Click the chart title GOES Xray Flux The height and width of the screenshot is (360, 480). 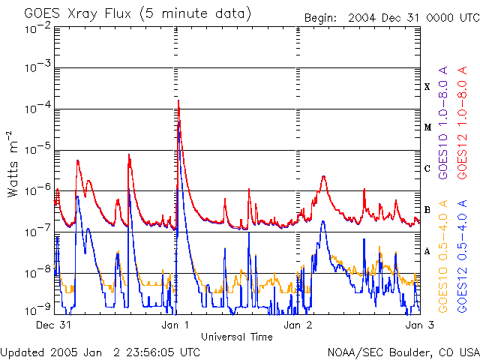pyautogui.click(x=138, y=13)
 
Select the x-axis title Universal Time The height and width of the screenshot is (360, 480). pyautogui.click(x=237, y=337)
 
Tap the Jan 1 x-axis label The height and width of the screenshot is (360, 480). pyautogui.click(x=175, y=325)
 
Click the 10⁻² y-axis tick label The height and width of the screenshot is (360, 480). pyautogui.click(x=37, y=28)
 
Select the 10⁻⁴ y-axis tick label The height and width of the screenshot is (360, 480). pyautogui.click(x=37, y=110)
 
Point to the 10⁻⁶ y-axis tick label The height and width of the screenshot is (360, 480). pyautogui.click(x=37, y=192)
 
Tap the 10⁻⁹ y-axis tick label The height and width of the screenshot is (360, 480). pyautogui.click(x=37, y=310)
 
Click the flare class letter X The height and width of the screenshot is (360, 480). pyautogui.click(x=427, y=87)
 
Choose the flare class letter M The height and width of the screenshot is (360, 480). pyautogui.click(x=427, y=127)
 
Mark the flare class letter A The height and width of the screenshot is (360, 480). pyautogui.click(x=427, y=251)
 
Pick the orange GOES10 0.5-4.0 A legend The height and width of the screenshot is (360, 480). pyautogui.click(x=443, y=255)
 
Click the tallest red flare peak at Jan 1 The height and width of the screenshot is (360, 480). pyautogui.click(x=178, y=100)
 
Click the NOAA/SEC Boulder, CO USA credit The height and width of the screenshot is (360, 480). pyautogui.click(x=402, y=352)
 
